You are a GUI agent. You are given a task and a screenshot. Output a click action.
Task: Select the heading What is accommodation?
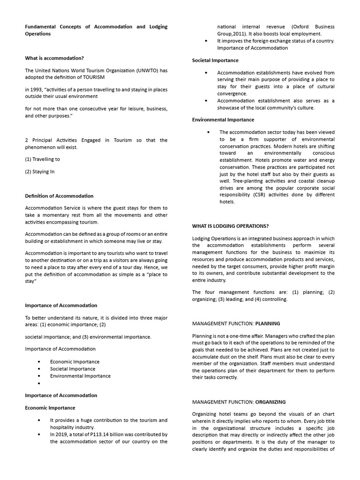[54, 58]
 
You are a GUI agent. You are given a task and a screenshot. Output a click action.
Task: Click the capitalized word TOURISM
[92, 77]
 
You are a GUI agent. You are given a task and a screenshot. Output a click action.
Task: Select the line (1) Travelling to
[42, 159]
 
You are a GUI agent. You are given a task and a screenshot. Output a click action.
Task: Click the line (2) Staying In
[39, 172]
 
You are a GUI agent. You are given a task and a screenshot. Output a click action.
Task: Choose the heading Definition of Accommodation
[59, 196]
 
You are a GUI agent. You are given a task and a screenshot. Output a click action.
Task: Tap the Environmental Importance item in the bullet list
[80, 375]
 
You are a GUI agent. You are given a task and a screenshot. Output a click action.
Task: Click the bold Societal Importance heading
[215, 60]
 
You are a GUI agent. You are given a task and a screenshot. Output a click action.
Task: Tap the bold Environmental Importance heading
[223, 120]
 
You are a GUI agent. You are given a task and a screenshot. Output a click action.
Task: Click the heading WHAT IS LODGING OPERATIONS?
[230, 226]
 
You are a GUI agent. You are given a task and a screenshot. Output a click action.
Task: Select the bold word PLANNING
[268, 323]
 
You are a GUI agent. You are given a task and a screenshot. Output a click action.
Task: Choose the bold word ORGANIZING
[270, 402]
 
